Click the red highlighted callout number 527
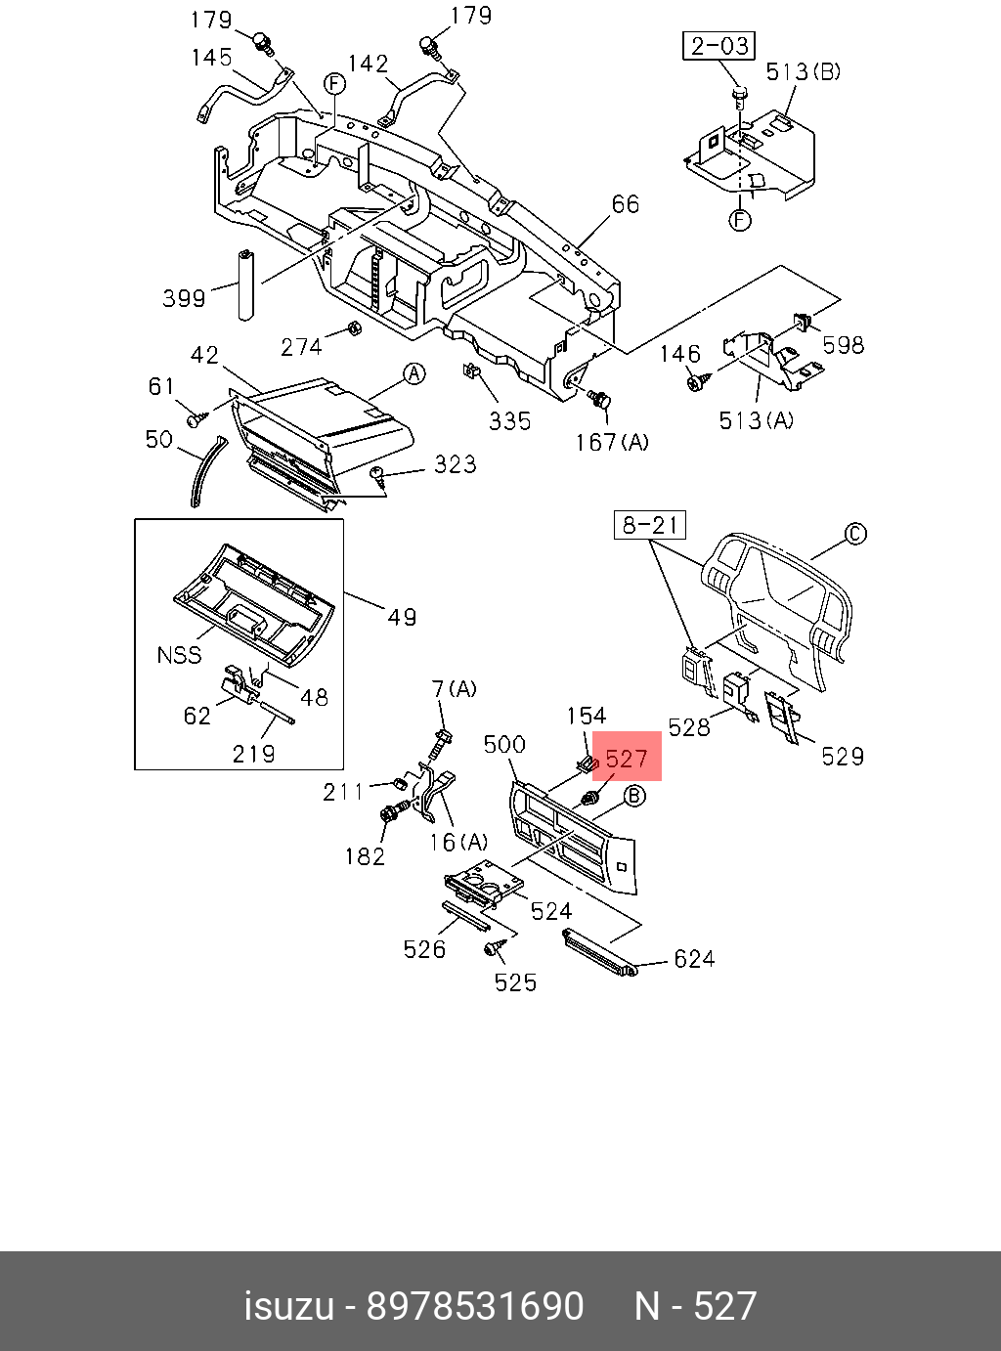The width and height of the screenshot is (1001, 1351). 627,759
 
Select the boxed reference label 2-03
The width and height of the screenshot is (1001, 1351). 718,46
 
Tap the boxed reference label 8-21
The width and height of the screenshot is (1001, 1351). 650,525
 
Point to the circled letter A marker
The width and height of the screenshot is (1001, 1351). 414,373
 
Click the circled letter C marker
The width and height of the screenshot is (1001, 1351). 854,534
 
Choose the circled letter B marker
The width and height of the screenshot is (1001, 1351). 634,796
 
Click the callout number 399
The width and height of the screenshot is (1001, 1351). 184,298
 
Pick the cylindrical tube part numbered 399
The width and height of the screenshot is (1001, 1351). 244,284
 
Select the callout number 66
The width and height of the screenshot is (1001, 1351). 625,204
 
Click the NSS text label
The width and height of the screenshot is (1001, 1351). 179,654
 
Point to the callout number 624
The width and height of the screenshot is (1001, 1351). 694,959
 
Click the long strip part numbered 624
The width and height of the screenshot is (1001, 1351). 599,953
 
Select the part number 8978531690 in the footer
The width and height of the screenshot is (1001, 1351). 474,1306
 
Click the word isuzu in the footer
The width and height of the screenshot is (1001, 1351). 288,1306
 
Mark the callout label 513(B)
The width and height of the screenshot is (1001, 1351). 803,71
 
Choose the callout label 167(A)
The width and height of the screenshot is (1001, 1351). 612,443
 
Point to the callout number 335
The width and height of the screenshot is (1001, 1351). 510,421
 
